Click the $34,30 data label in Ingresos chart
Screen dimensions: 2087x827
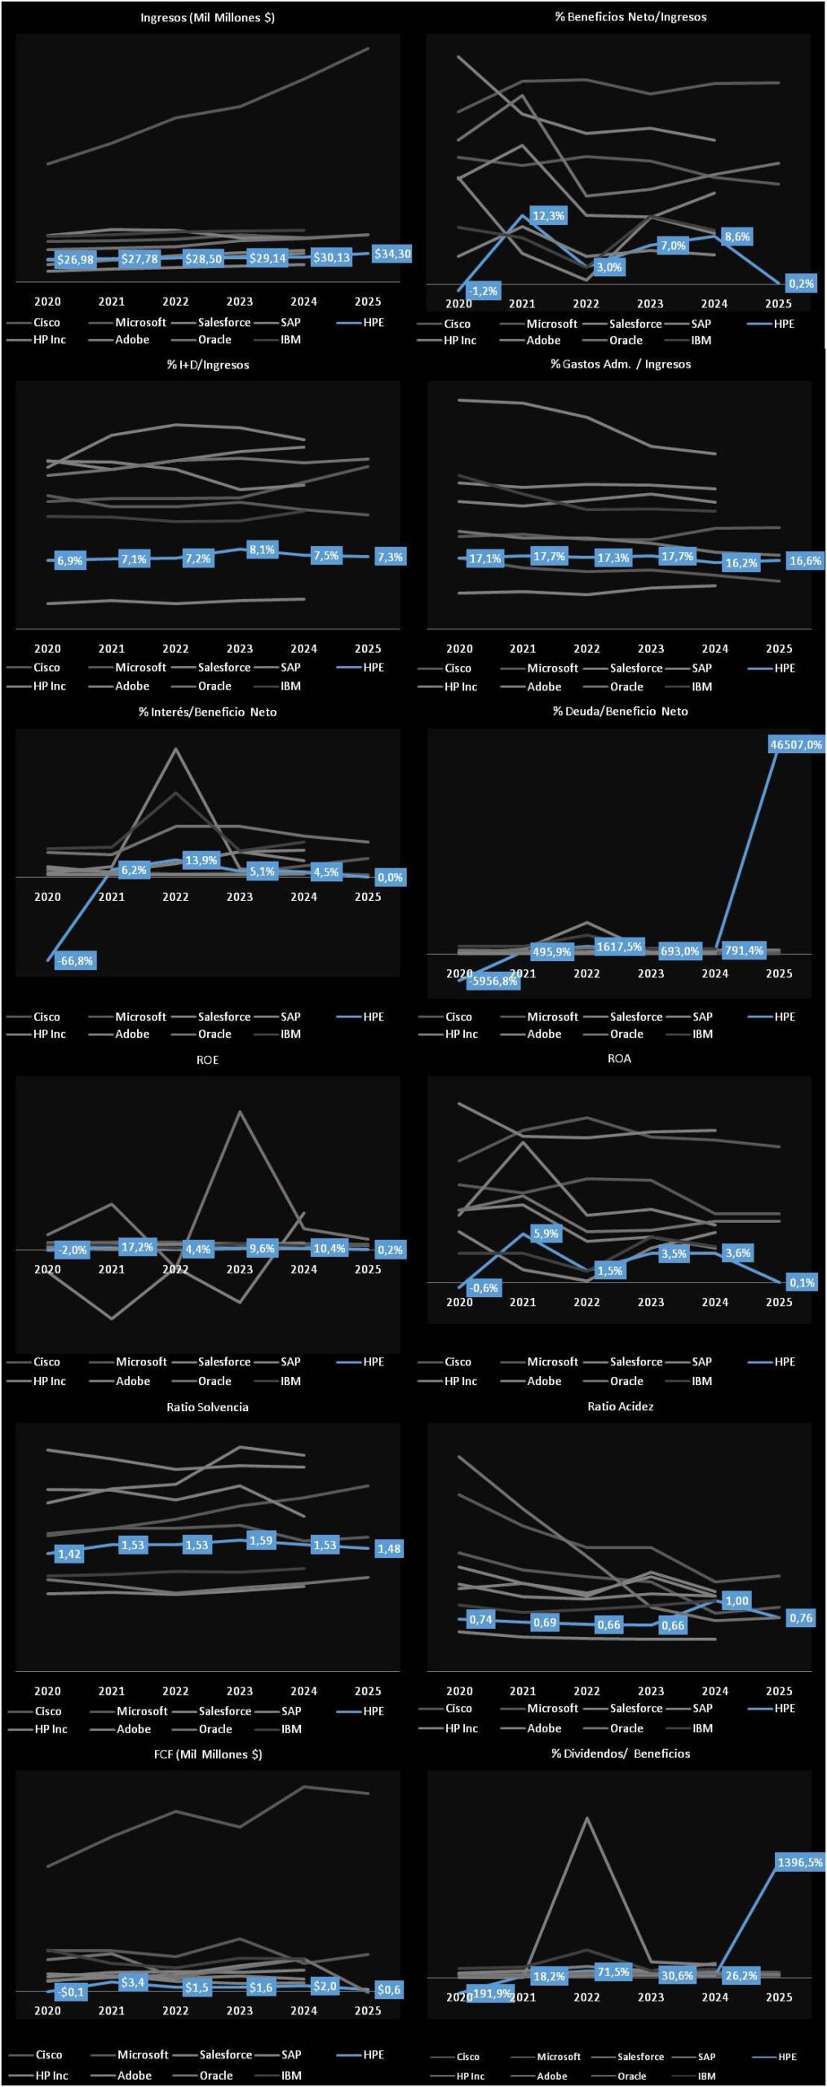392,254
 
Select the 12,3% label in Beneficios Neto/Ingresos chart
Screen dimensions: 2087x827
548,216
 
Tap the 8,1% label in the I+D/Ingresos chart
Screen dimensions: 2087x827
262,549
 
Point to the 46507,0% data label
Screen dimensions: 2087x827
796,744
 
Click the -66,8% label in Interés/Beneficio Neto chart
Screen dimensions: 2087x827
75,960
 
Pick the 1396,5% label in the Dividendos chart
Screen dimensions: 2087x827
799,1862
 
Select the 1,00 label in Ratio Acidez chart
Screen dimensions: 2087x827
736,1600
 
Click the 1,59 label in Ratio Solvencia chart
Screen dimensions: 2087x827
261,1540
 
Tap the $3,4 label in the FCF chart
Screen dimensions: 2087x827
133,1982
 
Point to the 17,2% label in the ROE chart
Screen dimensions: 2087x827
137,1246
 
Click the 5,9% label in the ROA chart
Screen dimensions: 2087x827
546,1233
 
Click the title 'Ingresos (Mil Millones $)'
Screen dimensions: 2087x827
207,17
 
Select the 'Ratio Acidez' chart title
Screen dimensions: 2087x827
620,1406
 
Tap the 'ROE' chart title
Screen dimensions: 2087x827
207,1060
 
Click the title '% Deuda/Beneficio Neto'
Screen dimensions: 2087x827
620,711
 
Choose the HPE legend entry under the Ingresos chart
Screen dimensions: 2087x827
373,323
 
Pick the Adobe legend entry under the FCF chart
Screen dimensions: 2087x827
134,2076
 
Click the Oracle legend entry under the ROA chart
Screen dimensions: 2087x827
626,1381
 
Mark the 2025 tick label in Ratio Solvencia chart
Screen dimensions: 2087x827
367,1691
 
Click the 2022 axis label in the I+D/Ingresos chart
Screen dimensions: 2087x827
175,649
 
